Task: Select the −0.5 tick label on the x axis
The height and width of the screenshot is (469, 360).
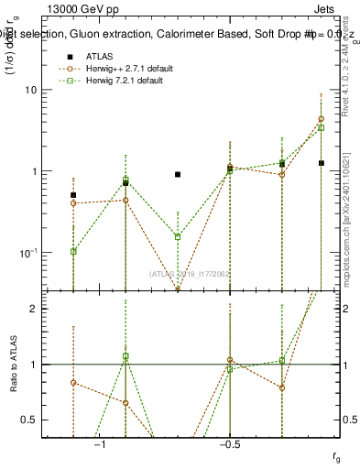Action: pyautogui.click(x=229, y=443)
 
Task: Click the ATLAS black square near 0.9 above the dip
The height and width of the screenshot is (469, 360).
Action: pyautogui.click(x=178, y=174)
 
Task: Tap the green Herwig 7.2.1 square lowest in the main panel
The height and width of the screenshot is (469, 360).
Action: pyautogui.click(x=73, y=251)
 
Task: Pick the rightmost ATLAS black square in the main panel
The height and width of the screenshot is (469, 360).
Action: pyautogui.click(x=321, y=163)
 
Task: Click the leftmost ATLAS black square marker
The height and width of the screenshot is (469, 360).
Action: pyautogui.click(x=73, y=195)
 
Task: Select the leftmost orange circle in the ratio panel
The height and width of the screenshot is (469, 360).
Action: pyautogui.click(x=73, y=383)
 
